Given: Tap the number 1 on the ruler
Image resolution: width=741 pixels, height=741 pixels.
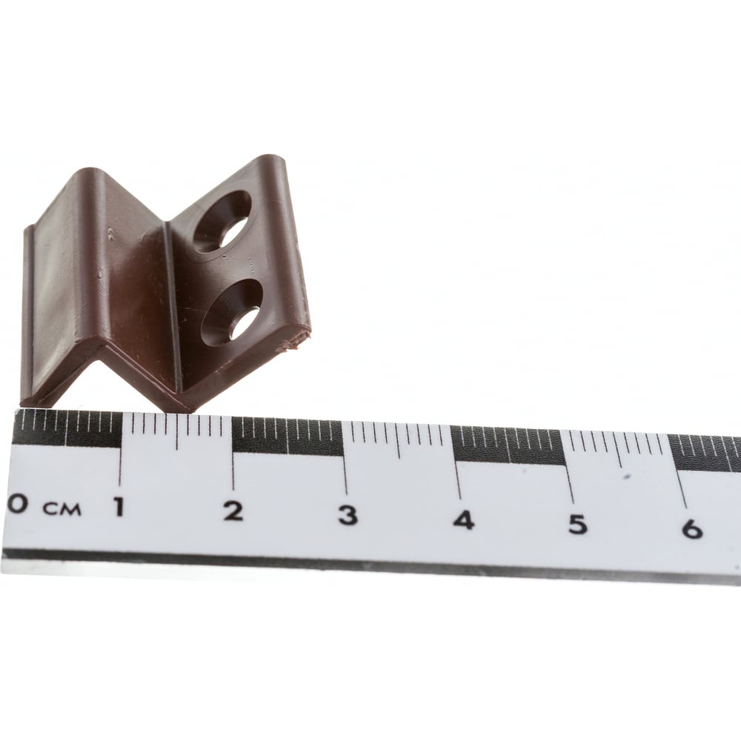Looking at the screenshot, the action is pyautogui.click(x=119, y=507).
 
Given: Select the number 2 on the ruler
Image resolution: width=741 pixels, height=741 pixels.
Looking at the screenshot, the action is pyautogui.click(x=233, y=511).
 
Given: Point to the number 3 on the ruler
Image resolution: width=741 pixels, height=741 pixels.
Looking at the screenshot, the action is pyautogui.click(x=348, y=515).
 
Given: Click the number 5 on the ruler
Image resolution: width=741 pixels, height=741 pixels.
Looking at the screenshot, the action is pyautogui.click(x=577, y=524).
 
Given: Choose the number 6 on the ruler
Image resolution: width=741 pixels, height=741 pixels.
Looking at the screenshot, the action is pyautogui.click(x=692, y=528).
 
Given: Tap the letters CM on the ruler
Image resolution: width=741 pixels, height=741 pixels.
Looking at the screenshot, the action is pyautogui.click(x=62, y=509).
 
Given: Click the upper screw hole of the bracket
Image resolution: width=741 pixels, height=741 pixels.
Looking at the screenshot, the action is pyautogui.click(x=222, y=222).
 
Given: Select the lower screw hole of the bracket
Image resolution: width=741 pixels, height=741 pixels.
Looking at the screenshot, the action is pyautogui.click(x=231, y=313).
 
